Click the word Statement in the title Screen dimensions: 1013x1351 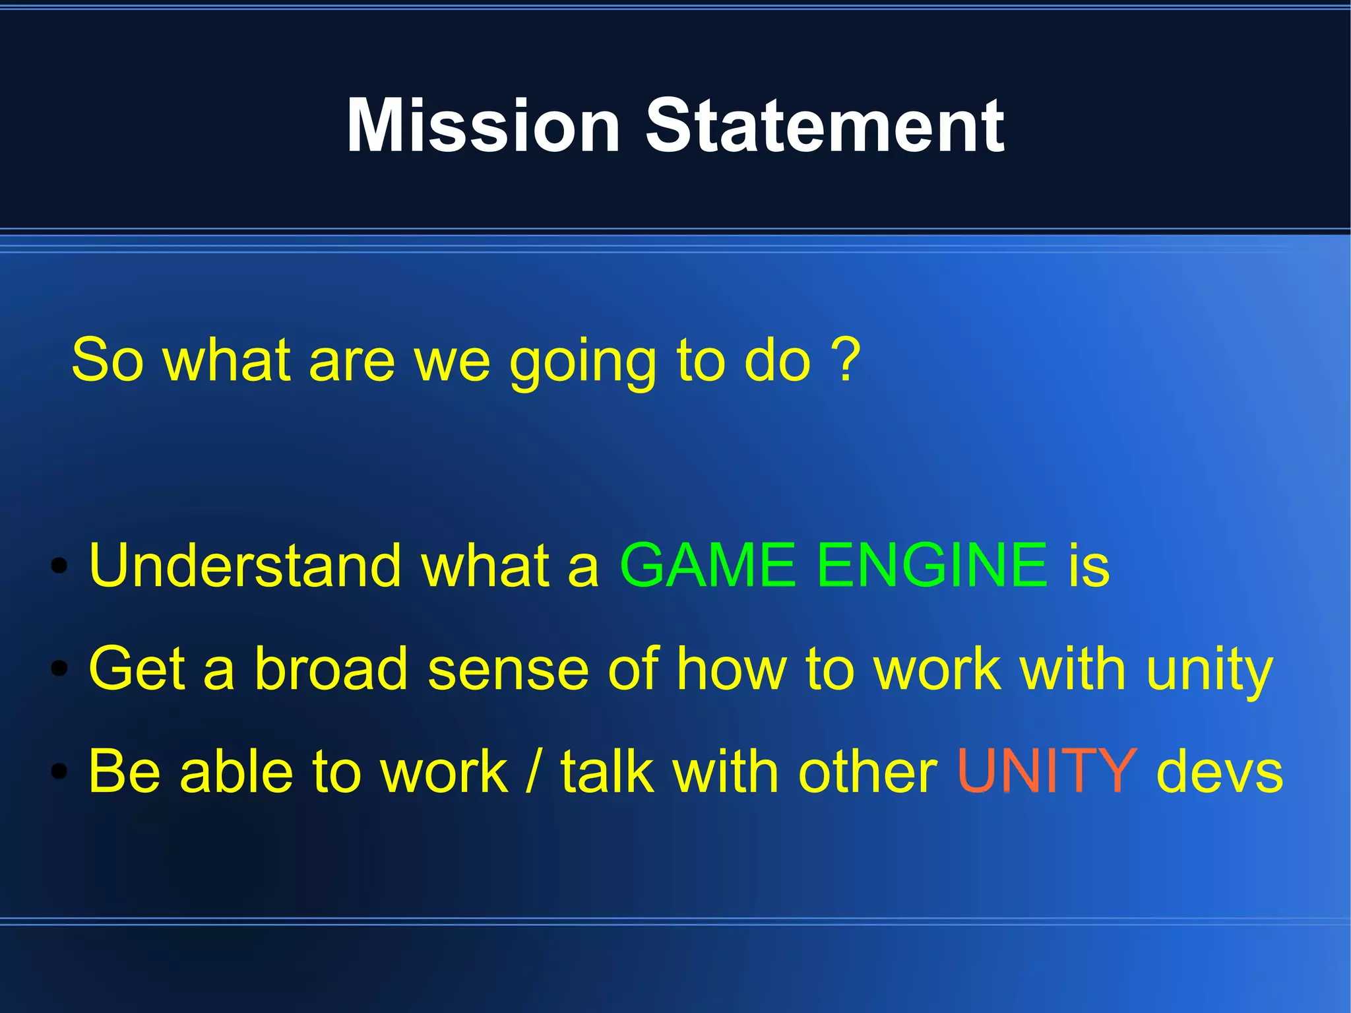[824, 125]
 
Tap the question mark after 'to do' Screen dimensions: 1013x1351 [847, 359]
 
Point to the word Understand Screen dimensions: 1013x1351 [245, 565]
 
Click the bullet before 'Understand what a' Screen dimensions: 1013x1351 [59, 566]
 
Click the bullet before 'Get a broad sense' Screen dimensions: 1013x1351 [59, 669]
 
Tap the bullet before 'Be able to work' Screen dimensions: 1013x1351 [59, 771]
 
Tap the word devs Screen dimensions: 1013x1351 [1220, 772]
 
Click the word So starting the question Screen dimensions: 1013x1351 [107, 360]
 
